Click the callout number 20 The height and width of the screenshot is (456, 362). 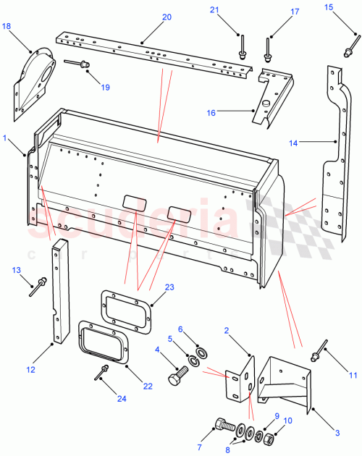coord(166,17)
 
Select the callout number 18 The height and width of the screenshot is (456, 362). coord(7,27)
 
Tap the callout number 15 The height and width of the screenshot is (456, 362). coord(328,7)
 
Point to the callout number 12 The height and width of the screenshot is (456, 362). coord(30,370)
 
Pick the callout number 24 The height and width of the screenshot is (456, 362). coord(101,398)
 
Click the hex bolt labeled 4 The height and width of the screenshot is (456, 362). coord(176,378)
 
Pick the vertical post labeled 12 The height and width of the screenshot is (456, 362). coord(56,293)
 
